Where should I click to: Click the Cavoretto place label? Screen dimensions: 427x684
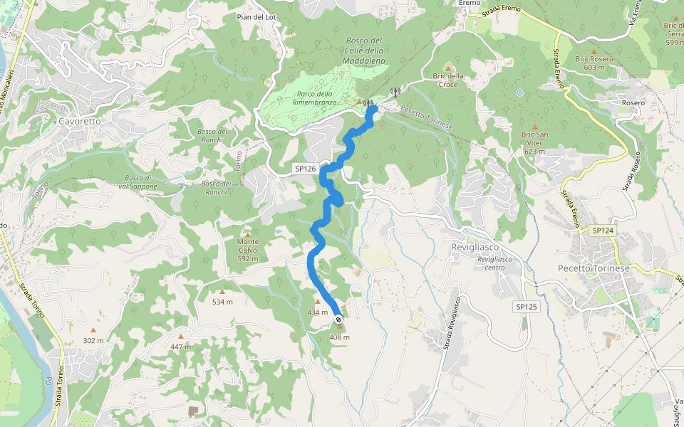80,121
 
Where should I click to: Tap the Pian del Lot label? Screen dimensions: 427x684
256,16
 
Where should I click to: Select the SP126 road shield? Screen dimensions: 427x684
305,169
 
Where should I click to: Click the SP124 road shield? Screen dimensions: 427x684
602,230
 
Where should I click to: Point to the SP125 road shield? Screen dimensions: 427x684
526,306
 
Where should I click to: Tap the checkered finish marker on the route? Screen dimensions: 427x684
338,320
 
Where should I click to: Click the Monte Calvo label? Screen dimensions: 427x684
247,250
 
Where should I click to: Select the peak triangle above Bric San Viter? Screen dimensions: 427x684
534,126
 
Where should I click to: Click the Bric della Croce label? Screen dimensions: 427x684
448,80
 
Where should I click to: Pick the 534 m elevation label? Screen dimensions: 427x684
222,302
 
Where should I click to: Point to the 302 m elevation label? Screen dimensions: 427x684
93,340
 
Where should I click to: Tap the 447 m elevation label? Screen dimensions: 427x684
180,347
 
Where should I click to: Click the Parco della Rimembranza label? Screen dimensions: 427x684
314,98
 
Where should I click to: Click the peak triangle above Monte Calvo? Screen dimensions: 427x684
247,234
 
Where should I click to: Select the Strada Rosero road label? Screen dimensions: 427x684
629,174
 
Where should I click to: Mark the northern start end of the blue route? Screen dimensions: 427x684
371,109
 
